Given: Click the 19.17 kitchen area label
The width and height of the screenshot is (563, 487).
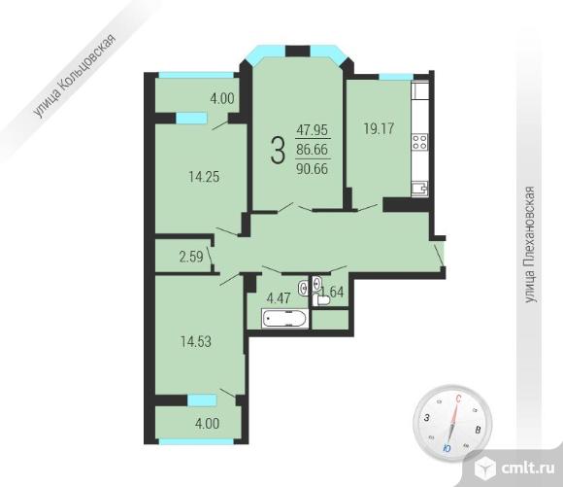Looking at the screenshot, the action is coord(379,128).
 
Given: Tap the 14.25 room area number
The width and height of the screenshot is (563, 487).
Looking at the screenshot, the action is coord(204,177).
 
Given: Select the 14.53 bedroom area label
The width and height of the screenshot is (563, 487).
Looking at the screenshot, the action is coord(196,342).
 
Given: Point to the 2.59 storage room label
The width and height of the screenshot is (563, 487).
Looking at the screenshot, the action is coord(191,257).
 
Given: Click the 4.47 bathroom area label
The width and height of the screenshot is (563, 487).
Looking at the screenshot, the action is coord(279,298).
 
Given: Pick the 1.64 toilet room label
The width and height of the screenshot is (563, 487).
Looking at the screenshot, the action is coord(333,292).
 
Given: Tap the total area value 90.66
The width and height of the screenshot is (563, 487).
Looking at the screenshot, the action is coord(312,168).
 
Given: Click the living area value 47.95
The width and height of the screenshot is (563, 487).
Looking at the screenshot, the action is coord(313,129).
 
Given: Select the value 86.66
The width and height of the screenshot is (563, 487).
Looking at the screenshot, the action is coord(312,149).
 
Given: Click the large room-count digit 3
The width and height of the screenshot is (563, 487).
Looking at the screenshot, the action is coord(278,151).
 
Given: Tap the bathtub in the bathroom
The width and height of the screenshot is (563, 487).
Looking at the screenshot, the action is coord(285,318).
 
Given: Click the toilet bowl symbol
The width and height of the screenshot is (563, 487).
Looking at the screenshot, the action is coord(321,299).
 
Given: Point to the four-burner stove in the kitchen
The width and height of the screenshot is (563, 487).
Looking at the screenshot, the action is coord(419,141).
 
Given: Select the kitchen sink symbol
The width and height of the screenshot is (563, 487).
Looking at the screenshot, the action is coord(419,189).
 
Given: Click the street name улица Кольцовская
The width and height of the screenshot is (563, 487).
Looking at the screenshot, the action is coord(75,76).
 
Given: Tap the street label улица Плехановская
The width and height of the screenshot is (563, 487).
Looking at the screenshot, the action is coord(530,245).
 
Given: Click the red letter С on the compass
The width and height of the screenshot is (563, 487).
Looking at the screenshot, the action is coord(458,399).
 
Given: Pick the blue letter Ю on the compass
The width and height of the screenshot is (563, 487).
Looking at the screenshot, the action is coord(447,448).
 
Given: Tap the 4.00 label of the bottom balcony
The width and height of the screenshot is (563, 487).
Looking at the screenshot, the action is coord(207,424).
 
